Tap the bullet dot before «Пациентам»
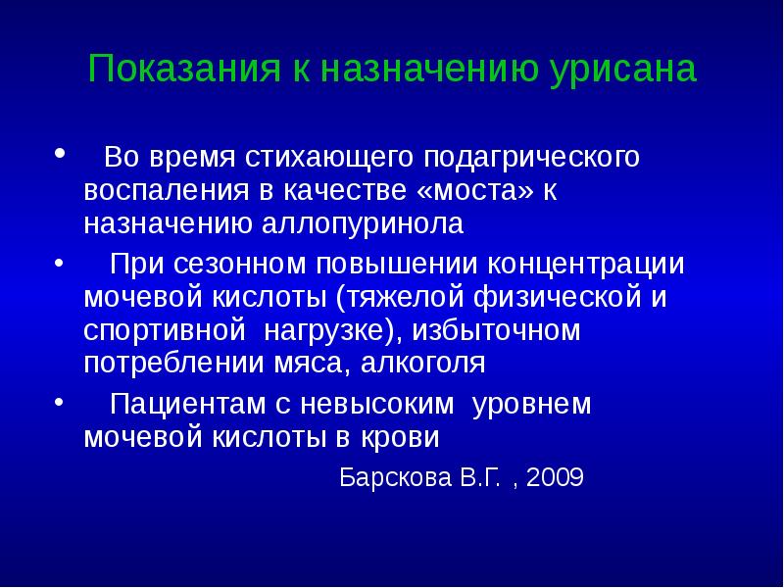tap(61, 401)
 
